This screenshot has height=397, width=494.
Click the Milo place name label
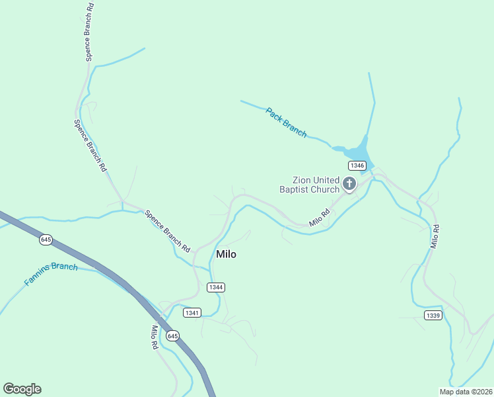click(226, 254)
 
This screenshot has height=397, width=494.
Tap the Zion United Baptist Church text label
click(316, 185)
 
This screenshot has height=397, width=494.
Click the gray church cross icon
click(349, 183)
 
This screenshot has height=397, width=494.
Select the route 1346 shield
click(357, 165)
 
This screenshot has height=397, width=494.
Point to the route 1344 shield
click(215, 287)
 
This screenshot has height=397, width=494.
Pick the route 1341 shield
click(192, 312)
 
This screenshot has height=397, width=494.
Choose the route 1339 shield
click(433, 315)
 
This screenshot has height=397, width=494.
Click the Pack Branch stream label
click(286, 122)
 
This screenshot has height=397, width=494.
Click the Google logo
click(22, 389)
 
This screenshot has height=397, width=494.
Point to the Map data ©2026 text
click(466, 392)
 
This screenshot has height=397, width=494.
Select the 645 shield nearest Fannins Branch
click(46, 240)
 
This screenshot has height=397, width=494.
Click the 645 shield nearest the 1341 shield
click(172, 336)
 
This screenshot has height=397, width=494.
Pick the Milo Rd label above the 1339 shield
click(435, 236)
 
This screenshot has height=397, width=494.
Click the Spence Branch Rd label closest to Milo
click(168, 231)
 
